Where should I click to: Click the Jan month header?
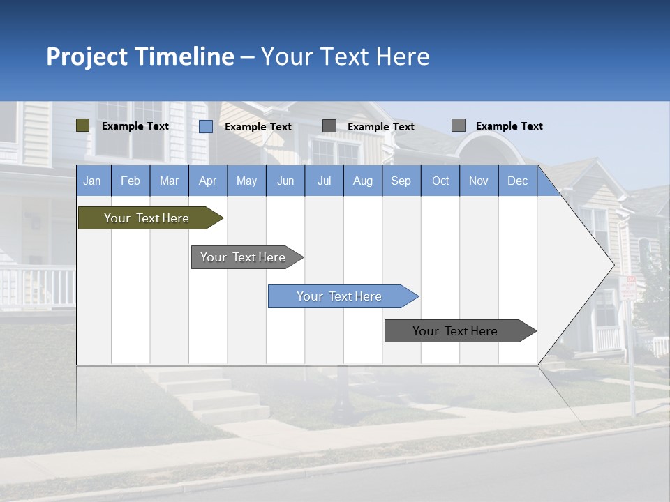pyautogui.click(x=92, y=181)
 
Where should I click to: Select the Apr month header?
pyautogui.click(x=207, y=181)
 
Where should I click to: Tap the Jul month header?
pyautogui.click(x=324, y=181)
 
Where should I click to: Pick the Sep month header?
pyautogui.click(x=401, y=181)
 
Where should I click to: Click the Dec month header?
pyautogui.click(x=517, y=181)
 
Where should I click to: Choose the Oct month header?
pyautogui.click(x=440, y=181)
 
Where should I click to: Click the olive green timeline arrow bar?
pyautogui.click(x=147, y=218)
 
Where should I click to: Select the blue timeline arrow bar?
pyautogui.click(x=340, y=296)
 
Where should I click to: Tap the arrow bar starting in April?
pyautogui.click(x=243, y=257)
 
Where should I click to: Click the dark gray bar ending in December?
pyautogui.click(x=455, y=331)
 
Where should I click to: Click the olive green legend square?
pyautogui.click(x=83, y=125)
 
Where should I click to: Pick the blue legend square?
pyautogui.click(x=206, y=126)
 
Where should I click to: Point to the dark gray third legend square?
pyautogui.click(x=329, y=125)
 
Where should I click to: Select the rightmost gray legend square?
pyautogui.click(x=459, y=125)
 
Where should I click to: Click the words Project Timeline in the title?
pyautogui.click(x=140, y=56)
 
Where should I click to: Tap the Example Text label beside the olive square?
pyautogui.click(x=135, y=126)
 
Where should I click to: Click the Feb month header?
pyautogui.click(x=131, y=181)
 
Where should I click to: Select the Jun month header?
pyautogui.click(x=285, y=181)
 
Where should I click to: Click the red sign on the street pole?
pyautogui.click(x=629, y=288)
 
